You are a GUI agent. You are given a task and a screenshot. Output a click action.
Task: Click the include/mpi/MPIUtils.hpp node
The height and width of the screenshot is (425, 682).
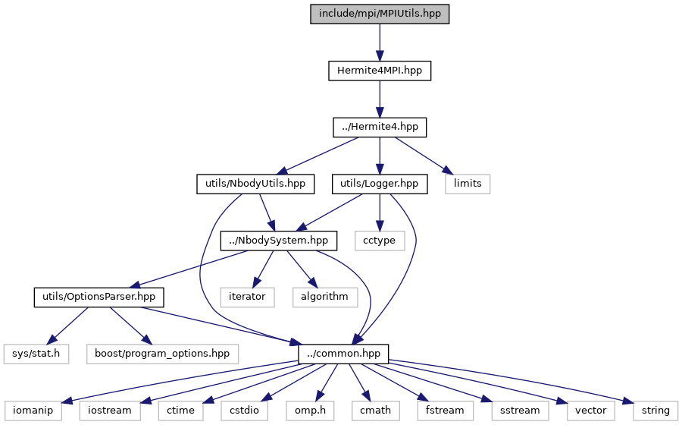pyautogui.click(x=380, y=14)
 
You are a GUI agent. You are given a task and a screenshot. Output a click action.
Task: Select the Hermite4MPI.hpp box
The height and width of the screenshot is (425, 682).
pyautogui.click(x=380, y=71)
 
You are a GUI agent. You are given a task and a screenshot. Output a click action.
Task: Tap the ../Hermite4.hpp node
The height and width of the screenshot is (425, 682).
pyautogui.click(x=380, y=127)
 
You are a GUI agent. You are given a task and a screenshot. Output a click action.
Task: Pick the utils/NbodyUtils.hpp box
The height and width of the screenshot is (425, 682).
pyautogui.click(x=255, y=184)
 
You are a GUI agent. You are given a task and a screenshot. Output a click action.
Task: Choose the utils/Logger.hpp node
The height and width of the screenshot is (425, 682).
pyautogui.click(x=380, y=184)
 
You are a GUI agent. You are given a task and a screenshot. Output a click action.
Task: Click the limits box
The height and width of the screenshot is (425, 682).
pyautogui.click(x=468, y=184)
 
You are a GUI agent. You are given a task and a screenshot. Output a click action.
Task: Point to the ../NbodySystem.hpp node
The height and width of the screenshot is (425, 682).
pyautogui.click(x=278, y=241)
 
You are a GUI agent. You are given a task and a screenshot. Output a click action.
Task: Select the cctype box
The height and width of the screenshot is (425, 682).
pyautogui.click(x=380, y=241)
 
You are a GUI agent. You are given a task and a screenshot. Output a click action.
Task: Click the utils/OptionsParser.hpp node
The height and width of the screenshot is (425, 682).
pyautogui.click(x=99, y=297)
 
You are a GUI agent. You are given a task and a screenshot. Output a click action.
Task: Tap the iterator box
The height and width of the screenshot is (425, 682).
pyautogui.click(x=247, y=297)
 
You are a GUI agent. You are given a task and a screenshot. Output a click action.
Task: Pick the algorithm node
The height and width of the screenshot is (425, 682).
pyautogui.click(x=325, y=297)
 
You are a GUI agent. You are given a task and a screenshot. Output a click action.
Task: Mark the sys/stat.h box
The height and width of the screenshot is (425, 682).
pyautogui.click(x=36, y=354)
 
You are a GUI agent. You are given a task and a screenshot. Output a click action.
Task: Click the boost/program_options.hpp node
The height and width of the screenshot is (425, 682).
pyautogui.click(x=162, y=354)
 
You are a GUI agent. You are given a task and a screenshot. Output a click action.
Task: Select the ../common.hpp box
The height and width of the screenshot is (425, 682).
pyautogui.click(x=343, y=354)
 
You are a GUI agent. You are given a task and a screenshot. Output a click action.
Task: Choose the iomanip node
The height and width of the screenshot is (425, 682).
pyautogui.click(x=33, y=411)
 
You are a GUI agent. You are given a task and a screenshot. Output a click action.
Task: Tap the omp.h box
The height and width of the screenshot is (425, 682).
pyautogui.click(x=310, y=411)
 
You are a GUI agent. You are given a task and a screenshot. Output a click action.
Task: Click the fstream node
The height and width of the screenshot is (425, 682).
pyautogui.click(x=445, y=411)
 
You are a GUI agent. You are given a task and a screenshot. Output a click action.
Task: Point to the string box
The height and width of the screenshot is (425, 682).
pyautogui.click(x=655, y=411)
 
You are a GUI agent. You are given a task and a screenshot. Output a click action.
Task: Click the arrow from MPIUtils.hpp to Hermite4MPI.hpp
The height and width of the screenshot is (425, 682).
pyautogui.click(x=380, y=42)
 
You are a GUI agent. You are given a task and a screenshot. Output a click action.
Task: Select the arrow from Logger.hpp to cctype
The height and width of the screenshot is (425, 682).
pyautogui.click(x=380, y=212)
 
